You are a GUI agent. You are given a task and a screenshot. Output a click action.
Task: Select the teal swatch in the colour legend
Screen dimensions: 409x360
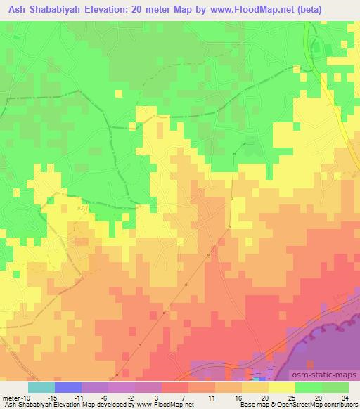(41, 387)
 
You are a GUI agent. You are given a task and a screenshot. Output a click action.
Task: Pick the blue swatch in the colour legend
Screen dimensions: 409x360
(68, 387)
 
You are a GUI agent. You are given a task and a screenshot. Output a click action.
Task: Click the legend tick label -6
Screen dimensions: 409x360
(104, 397)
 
